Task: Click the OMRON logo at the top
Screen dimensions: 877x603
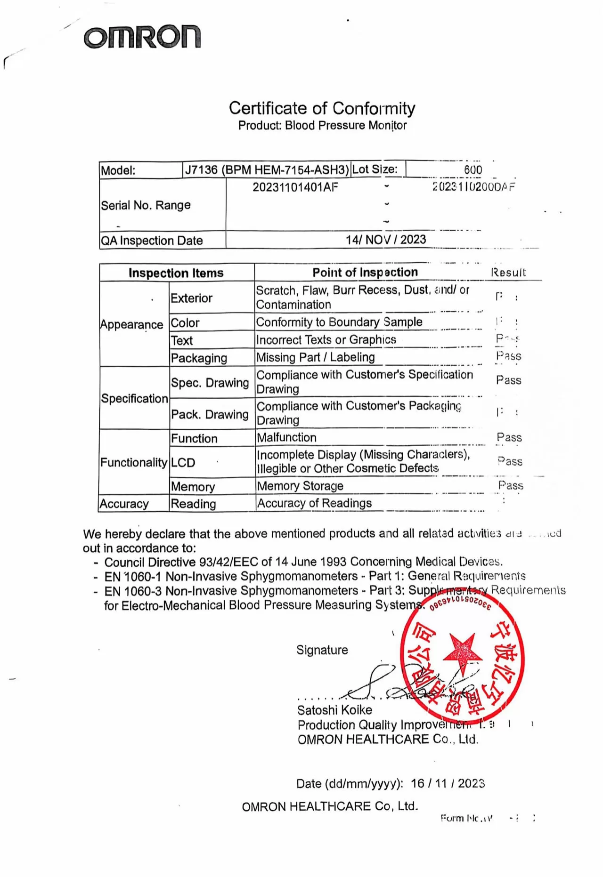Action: coord(142,37)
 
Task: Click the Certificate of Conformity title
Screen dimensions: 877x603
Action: coord(322,108)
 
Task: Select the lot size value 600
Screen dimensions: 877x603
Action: coord(473,169)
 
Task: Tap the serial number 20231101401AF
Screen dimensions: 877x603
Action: coord(295,187)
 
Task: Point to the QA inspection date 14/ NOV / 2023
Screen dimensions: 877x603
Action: coord(386,240)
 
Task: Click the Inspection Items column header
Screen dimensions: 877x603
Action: coord(176,273)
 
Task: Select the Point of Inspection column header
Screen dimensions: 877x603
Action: coord(365,272)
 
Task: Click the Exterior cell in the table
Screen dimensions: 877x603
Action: coord(191,298)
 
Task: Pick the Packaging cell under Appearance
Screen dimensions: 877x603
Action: coord(199,358)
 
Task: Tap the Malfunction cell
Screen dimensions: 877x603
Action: coord(286,437)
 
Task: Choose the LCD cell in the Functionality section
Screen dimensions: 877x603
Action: coord(183,462)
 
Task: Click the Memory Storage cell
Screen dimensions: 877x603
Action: coord(300,486)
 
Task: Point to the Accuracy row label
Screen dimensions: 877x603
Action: coord(124,504)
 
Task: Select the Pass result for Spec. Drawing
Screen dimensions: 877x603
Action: coord(509,380)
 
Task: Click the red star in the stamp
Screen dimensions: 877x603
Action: coord(462,652)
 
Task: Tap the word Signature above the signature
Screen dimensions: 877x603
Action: coord(322,650)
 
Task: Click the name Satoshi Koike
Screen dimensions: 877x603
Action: coord(334,710)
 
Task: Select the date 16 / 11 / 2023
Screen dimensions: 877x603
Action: coord(448,783)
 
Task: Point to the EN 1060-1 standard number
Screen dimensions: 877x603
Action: coord(132,576)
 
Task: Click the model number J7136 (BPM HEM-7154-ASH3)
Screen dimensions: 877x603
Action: coord(267,170)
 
